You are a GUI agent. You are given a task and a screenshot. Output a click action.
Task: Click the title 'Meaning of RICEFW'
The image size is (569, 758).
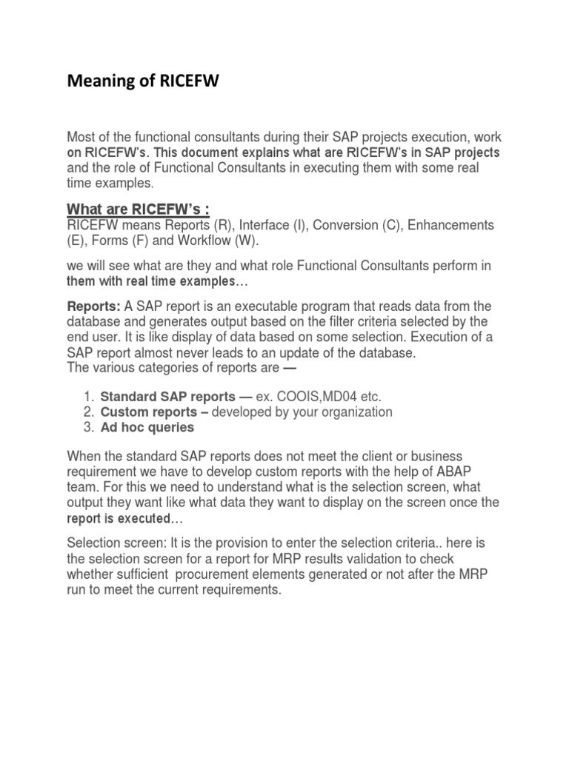(144, 81)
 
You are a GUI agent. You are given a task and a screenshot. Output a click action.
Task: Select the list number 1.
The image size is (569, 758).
(88, 396)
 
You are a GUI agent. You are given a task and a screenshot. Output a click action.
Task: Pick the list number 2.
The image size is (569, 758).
(88, 412)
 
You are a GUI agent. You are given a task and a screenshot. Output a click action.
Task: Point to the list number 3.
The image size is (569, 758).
(88, 427)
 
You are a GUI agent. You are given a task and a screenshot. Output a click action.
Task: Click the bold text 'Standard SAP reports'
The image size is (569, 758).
(167, 396)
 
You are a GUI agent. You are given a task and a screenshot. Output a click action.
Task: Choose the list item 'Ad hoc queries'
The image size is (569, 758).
(147, 427)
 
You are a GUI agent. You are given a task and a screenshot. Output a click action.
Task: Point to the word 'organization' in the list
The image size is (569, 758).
(349, 412)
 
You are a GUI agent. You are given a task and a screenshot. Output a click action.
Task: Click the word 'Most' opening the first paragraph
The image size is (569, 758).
(81, 137)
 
